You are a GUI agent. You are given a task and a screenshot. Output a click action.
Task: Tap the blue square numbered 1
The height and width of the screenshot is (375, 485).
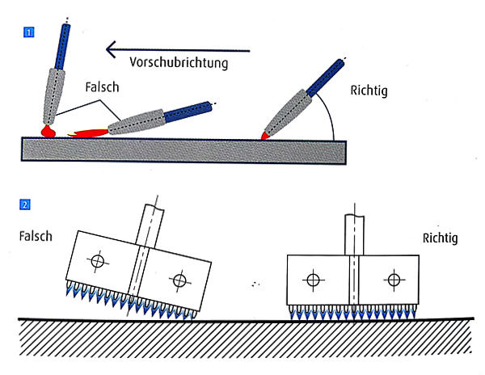click(x=30, y=33)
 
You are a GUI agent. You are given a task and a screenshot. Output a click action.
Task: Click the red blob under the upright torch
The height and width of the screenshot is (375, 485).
click(x=48, y=129)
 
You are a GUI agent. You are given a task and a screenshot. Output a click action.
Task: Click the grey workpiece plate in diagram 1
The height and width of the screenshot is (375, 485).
click(x=186, y=150)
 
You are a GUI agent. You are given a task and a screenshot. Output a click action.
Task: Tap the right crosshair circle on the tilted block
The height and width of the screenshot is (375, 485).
click(x=179, y=280)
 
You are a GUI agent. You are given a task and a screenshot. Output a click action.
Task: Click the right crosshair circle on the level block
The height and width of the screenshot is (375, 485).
click(x=394, y=280)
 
